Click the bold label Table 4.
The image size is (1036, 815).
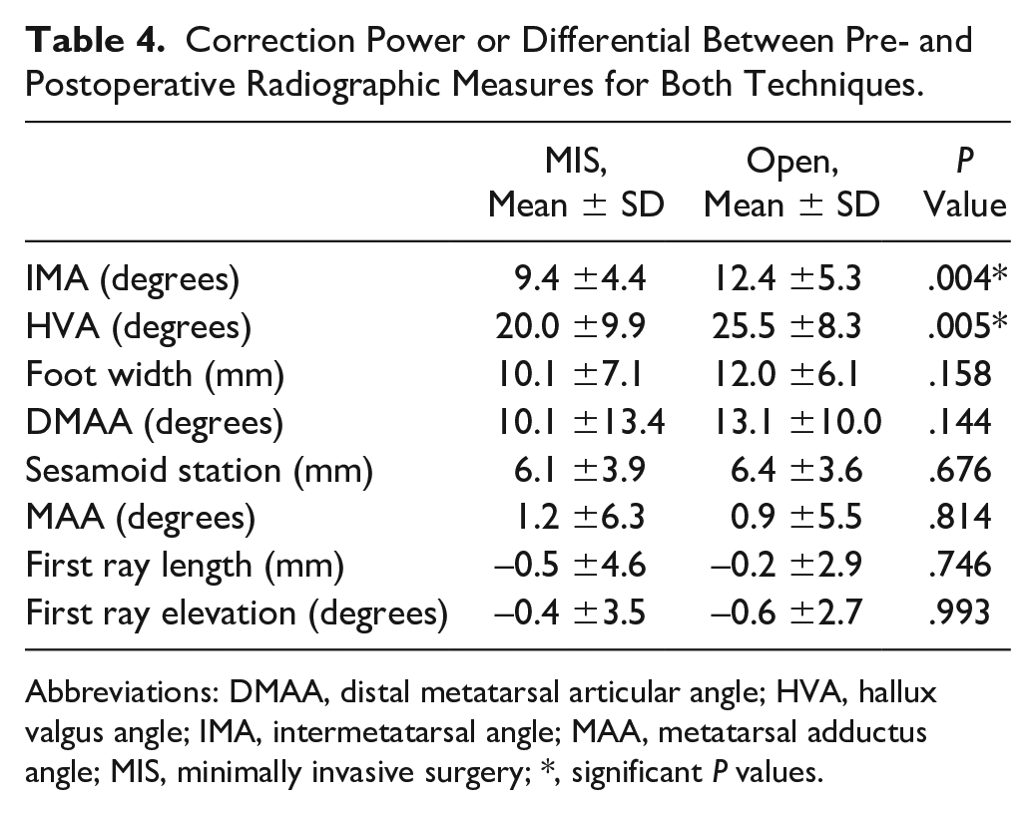tap(95, 40)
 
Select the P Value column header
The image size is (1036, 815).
tap(965, 183)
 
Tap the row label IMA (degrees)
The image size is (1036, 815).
tap(132, 278)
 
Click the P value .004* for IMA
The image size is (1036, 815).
tap(967, 278)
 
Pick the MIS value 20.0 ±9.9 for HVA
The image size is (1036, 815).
tap(570, 326)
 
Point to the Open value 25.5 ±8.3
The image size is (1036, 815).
tap(786, 326)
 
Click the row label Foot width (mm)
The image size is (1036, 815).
tap(155, 374)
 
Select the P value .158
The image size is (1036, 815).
tap(959, 374)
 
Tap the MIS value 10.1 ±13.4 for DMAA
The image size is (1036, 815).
tap(580, 422)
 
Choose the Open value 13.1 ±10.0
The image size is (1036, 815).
tap(796, 422)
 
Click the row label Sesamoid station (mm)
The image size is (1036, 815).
tap(199, 470)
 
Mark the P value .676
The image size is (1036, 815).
tap(959, 470)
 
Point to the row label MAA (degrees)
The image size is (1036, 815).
tap(140, 518)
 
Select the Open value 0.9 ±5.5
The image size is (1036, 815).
tap(796, 517)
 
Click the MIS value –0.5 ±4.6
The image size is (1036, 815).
tap(570, 566)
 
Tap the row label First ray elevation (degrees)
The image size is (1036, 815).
tap(237, 613)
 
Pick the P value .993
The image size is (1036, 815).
tap(959, 612)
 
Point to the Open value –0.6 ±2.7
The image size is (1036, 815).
tap(786, 612)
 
